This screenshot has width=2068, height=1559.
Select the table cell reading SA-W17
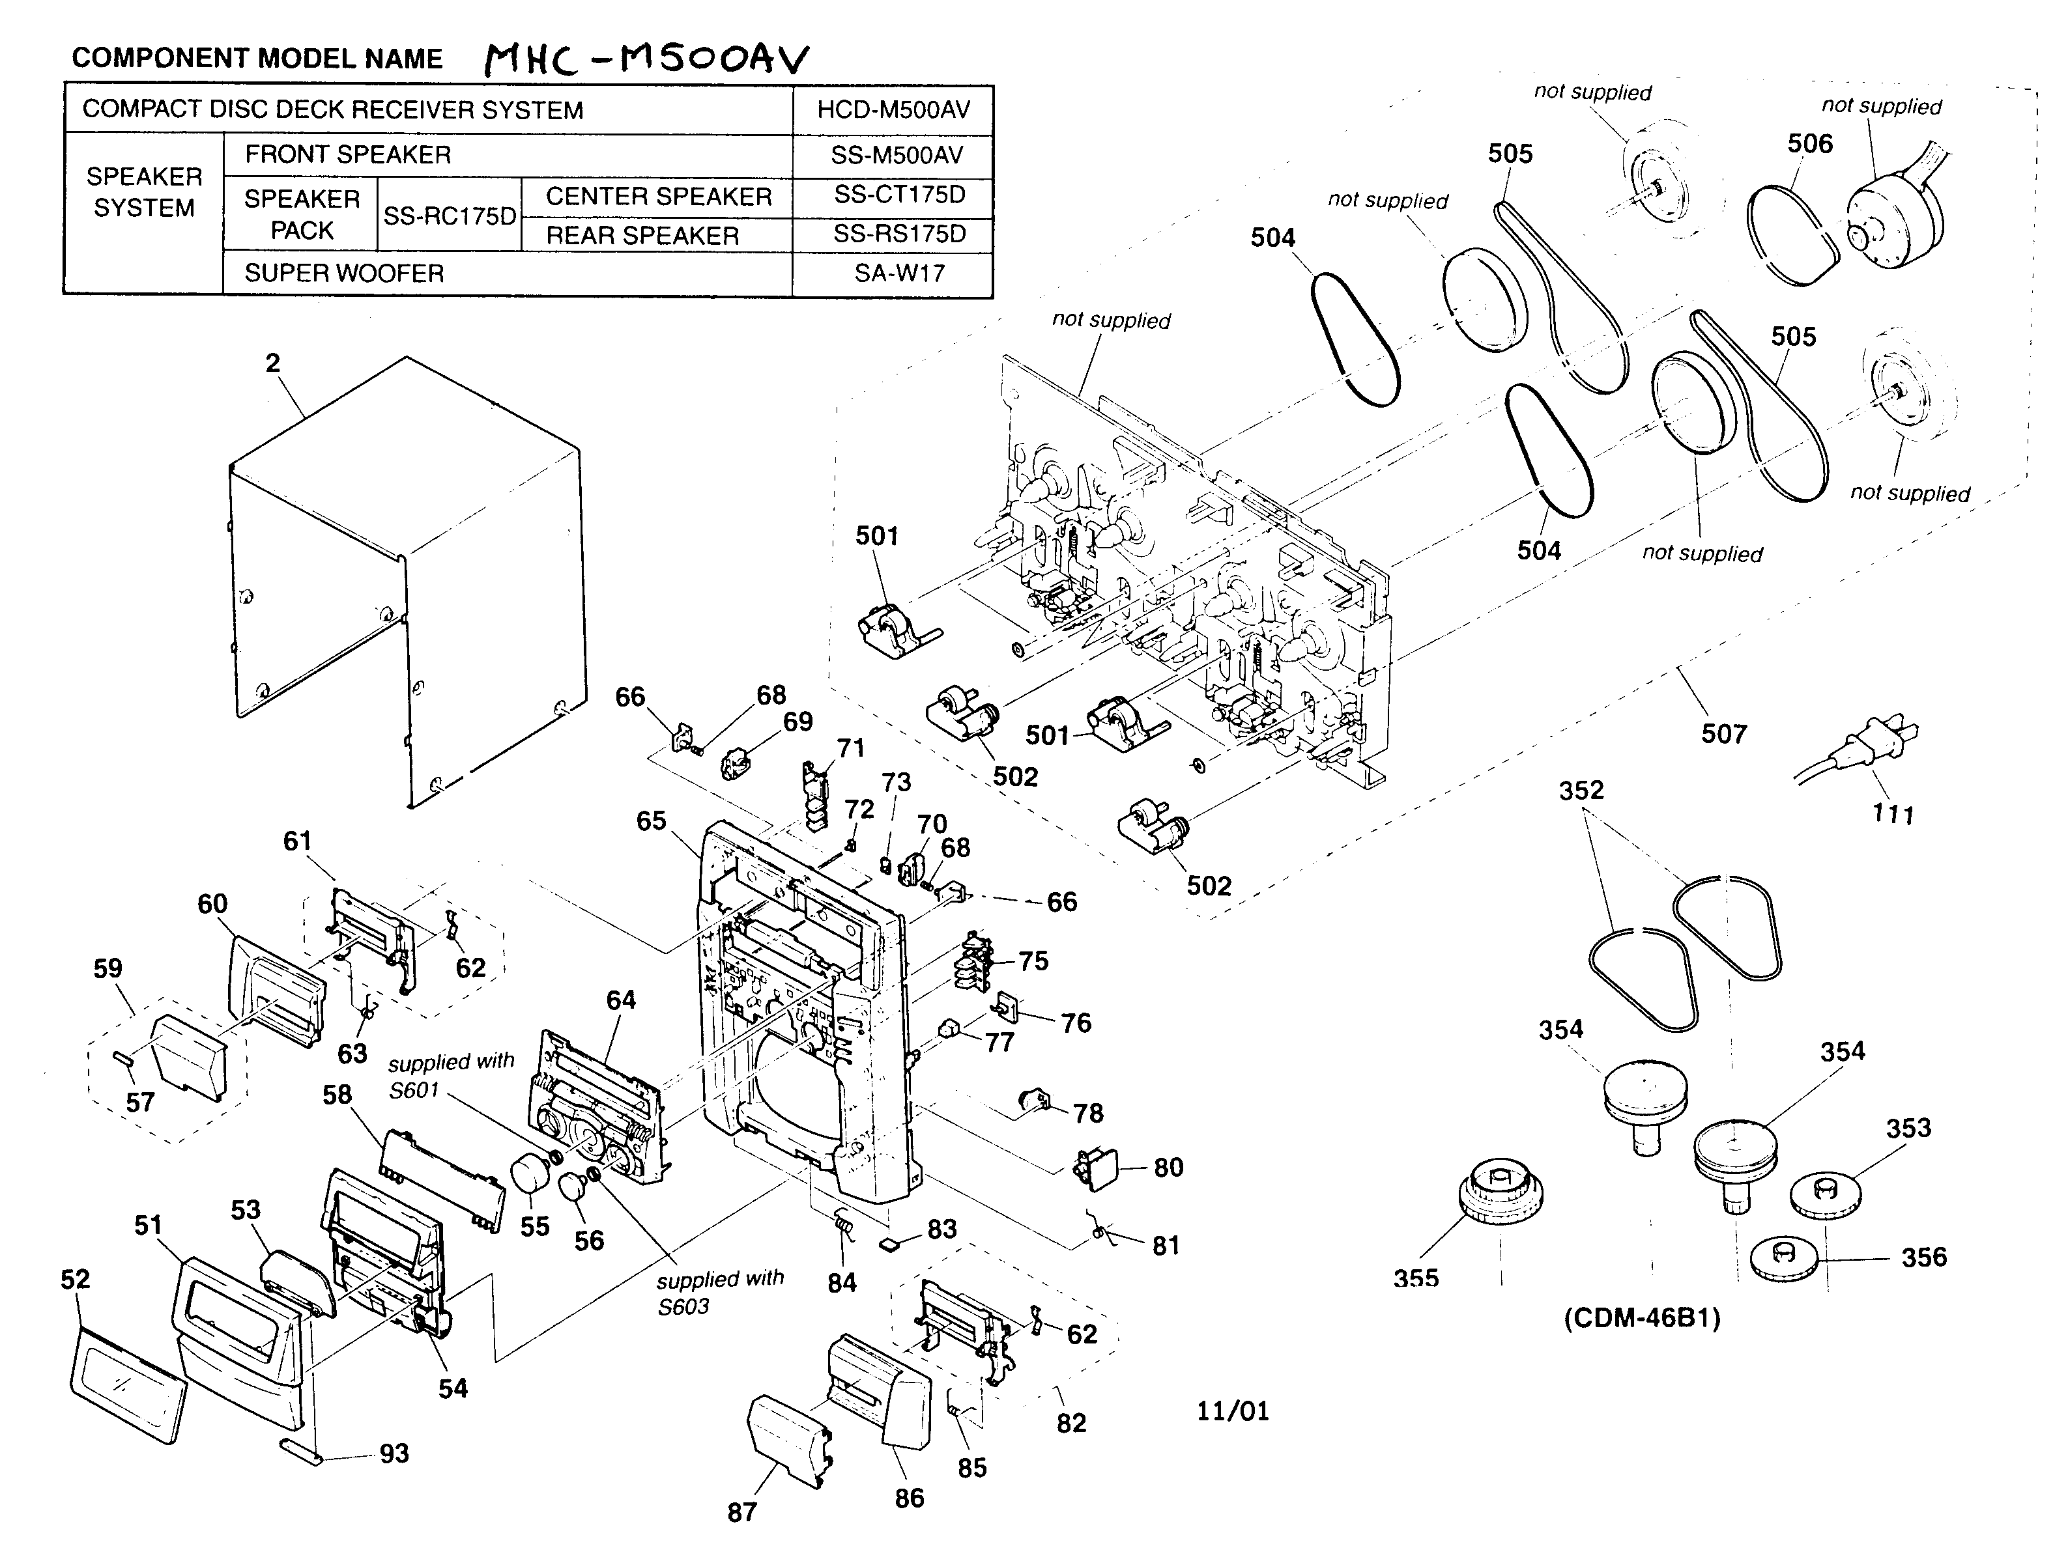(x=898, y=274)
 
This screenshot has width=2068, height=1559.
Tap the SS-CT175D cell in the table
(x=898, y=195)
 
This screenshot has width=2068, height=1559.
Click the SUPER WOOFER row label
(x=344, y=274)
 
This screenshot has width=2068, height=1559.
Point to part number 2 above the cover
(x=272, y=363)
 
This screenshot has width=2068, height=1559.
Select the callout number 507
(x=1723, y=734)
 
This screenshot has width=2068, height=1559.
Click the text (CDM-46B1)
(x=1642, y=1318)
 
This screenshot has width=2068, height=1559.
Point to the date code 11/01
(x=1232, y=1411)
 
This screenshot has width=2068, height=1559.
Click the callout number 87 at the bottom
(x=741, y=1511)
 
